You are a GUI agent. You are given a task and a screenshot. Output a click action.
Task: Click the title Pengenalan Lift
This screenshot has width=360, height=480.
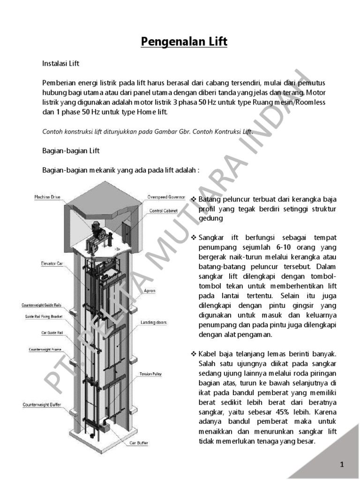tap(184, 42)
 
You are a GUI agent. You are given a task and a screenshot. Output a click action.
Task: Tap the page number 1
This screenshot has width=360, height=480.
tap(342, 465)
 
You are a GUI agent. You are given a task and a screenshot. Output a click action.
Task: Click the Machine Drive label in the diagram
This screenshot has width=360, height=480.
tap(47, 197)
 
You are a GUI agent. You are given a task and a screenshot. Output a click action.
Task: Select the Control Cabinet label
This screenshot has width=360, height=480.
tap(163, 211)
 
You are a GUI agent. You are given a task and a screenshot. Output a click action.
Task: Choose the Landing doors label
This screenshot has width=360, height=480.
tap(153, 323)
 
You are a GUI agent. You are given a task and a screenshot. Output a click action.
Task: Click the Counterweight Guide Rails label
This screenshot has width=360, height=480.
tap(41, 305)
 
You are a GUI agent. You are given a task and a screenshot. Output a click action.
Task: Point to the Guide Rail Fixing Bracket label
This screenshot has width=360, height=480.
tap(43, 317)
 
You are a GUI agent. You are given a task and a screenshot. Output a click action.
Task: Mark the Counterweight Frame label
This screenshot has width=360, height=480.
tap(45, 350)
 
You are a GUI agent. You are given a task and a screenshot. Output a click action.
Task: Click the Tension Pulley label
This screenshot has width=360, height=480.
tap(150, 374)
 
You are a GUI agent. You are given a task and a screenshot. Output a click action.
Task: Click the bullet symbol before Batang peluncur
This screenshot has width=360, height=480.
tap(194, 200)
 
